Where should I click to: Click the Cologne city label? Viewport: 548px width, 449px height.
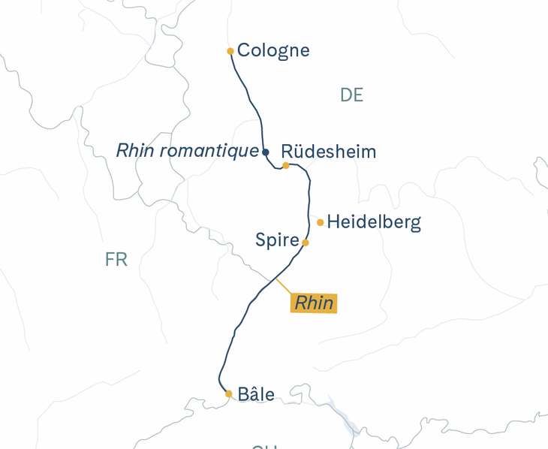pyautogui.click(x=273, y=50)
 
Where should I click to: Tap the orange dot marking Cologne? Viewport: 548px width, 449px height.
pyautogui.click(x=230, y=51)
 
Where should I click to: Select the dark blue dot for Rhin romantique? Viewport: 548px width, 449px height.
pyautogui.click(x=265, y=152)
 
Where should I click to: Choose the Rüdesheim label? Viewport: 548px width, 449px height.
pyautogui.click(x=329, y=152)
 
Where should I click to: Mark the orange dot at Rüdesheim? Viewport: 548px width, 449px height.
pyautogui.click(x=286, y=165)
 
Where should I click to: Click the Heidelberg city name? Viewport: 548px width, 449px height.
pyautogui.click(x=374, y=222)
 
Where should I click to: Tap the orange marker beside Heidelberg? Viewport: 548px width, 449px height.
pyautogui.click(x=321, y=222)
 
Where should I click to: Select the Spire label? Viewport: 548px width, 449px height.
pyautogui.click(x=277, y=240)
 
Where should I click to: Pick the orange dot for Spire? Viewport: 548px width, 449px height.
pyautogui.click(x=305, y=243)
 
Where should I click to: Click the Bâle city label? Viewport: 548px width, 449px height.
pyautogui.click(x=255, y=394)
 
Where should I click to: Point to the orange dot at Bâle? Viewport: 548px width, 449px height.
pyautogui.click(x=229, y=393)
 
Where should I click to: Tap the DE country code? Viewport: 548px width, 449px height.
pyautogui.click(x=351, y=95)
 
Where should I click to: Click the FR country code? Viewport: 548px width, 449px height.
pyautogui.click(x=116, y=260)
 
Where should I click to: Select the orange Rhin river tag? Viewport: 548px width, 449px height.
pyautogui.click(x=314, y=303)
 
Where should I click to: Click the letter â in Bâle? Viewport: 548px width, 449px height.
pyautogui.click(x=251, y=394)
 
